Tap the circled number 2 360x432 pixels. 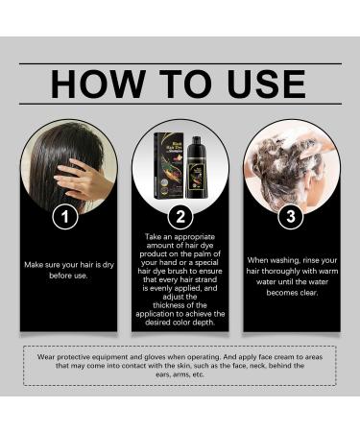click(180, 217)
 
